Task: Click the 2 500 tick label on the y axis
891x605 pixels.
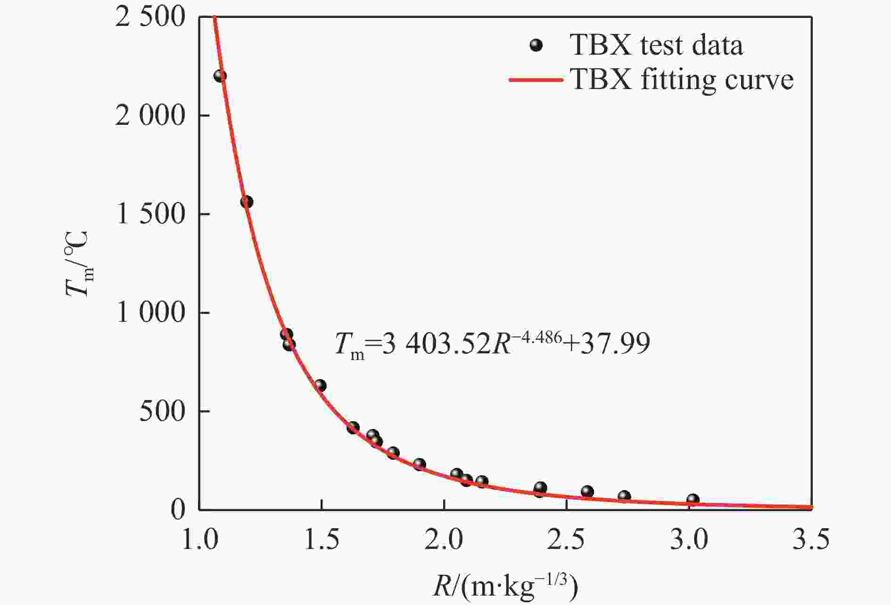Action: coord(150,17)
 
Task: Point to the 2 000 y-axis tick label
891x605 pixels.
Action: coord(150,115)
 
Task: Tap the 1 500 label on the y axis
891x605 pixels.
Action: coord(150,214)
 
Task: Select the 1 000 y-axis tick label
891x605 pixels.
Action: coord(150,312)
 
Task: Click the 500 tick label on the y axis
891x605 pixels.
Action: coord(162,411)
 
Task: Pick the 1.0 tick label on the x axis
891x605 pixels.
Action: coord(199,540)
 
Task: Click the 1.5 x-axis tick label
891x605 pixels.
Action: coord(322,540)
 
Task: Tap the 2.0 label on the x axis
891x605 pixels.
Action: coord(444,540)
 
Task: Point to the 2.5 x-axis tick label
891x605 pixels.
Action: coord(566,540)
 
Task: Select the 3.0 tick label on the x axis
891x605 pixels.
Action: coord(689,540)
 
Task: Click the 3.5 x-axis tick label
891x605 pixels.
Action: coord(810,540)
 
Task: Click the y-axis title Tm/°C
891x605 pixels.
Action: coord(78,264)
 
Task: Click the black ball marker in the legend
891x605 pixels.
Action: coord(536,46)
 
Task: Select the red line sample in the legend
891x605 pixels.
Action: coord(536,80)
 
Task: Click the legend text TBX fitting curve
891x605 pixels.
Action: coord(682,80)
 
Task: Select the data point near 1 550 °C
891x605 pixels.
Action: coord(247,202)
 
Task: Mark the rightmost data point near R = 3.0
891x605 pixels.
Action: coord(693,499)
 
